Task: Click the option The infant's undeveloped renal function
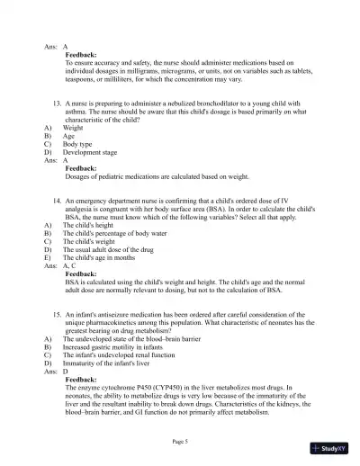coord(122,354)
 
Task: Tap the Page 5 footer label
coord(180,441)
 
